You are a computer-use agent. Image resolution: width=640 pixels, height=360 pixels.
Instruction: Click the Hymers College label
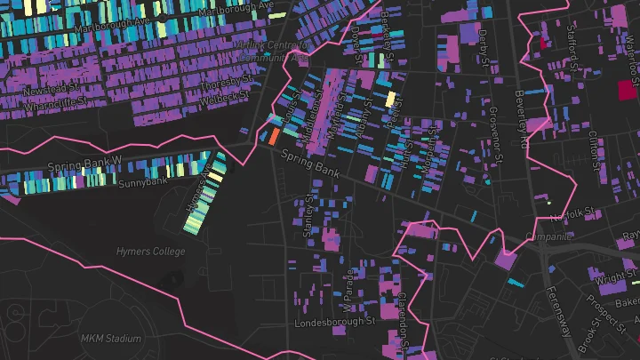150,252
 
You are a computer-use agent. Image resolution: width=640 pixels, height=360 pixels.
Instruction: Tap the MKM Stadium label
111,339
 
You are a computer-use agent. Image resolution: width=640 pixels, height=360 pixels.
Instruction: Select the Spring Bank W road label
84,165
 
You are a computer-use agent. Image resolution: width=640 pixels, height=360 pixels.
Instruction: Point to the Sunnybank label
143,182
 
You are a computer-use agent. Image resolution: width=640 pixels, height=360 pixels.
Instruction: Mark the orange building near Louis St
274,136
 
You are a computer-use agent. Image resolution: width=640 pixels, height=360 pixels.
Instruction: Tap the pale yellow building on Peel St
390,98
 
